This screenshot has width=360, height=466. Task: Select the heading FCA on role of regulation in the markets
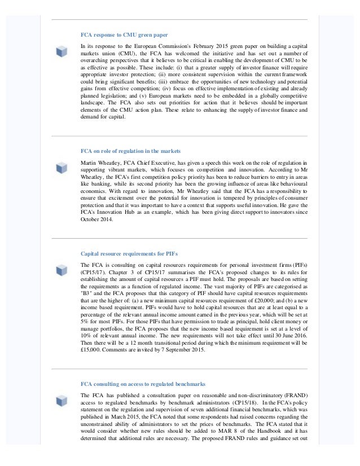click(x=130, y=152)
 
